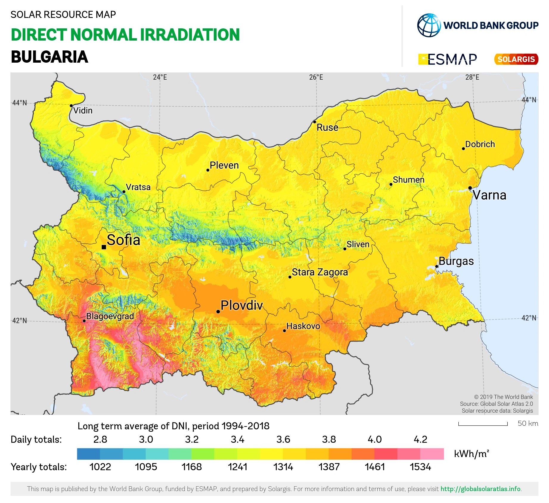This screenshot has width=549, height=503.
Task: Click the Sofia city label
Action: click(x=123, y=240)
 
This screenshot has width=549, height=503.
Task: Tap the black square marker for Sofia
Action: click(x=104, y=247)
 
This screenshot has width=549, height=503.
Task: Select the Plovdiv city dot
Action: click(x=218, y=311)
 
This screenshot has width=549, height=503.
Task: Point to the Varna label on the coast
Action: click(x=490, y=195)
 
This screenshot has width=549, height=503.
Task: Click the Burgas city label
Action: click(x=456, y=261)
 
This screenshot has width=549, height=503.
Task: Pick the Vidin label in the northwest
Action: click(x=83, y=111)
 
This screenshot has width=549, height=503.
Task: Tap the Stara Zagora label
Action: click(x=320, y=272)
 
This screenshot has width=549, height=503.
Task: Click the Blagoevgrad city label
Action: click(x=110, y=316)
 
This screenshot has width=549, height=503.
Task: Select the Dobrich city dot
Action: click(x=463, y=149)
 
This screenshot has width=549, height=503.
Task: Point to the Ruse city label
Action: click(x=327, y=127)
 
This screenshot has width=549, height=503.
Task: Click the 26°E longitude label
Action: click(x=316, y=78)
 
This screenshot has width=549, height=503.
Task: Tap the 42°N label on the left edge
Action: click(x=19, y=321)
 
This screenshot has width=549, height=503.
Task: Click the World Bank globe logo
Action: click(x=429, y=25)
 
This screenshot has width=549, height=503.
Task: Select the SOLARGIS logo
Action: click(x=516, y=59)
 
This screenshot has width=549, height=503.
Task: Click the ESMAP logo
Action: click(x=448, y=59)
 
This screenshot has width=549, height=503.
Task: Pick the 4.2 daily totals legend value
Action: click(x=420, y=439)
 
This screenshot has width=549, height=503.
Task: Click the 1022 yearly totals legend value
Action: click(x=100, y=467)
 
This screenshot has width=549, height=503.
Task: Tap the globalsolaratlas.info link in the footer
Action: click(x=480, y=489)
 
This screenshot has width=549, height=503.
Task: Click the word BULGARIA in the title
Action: click(x=49, y=57)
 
